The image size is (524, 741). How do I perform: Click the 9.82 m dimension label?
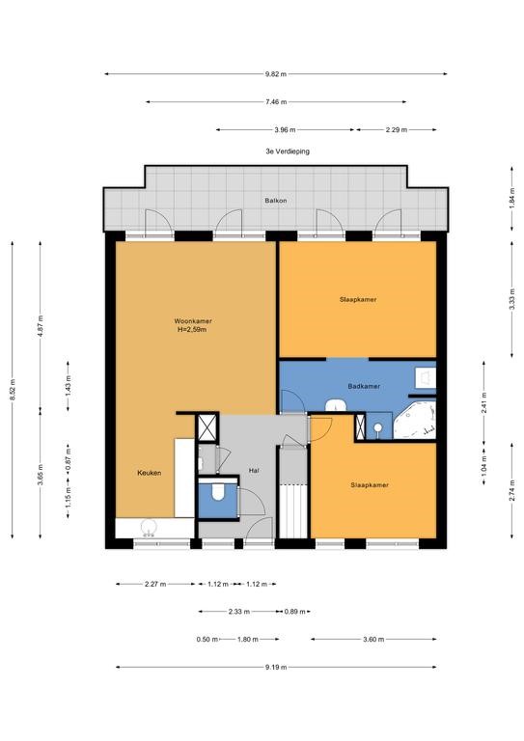[275, 73]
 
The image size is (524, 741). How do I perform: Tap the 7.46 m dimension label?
[275, 101]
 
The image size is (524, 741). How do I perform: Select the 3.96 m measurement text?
[285, 129]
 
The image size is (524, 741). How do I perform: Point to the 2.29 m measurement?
[396, 129]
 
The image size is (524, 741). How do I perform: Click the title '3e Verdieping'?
[288, 151]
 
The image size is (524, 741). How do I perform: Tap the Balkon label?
[275, 201]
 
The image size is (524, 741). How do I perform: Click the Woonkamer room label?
[193, 321]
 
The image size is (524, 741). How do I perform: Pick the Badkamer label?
[364, 386]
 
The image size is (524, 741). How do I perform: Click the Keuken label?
[150, 473]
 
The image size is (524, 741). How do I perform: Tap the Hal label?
[254, 471]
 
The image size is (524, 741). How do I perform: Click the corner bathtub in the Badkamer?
[414, 420]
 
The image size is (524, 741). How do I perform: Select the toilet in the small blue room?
[218, 491]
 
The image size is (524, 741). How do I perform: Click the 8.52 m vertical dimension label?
[13, 390]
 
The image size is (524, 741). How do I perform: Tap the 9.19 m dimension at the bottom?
[275, 668]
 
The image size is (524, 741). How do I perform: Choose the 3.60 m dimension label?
[373, 640]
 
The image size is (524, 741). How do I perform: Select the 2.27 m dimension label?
[155, 584]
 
